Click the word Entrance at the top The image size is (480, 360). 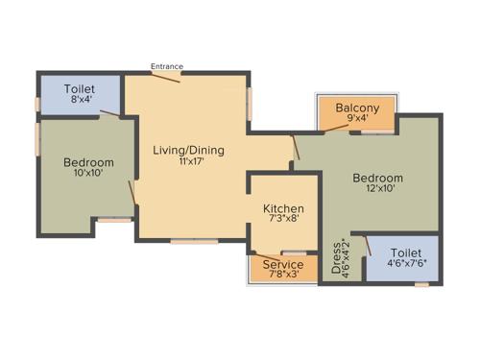click(167, 66)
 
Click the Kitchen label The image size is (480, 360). click(283, 208)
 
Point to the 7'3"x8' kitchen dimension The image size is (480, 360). click(283, 220)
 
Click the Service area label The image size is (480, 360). click(283, 264)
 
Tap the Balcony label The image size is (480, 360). click(357, 108)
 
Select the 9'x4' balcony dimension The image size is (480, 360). click(357, 120)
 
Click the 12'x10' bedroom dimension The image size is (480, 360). click(383, 189)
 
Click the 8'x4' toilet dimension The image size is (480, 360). click(79, 100)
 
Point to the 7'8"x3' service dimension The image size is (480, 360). click(283, 276)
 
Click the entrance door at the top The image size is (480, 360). click(166, 77)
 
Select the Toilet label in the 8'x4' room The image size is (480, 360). click(79, 88)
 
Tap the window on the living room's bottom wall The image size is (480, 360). click(187, 241)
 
